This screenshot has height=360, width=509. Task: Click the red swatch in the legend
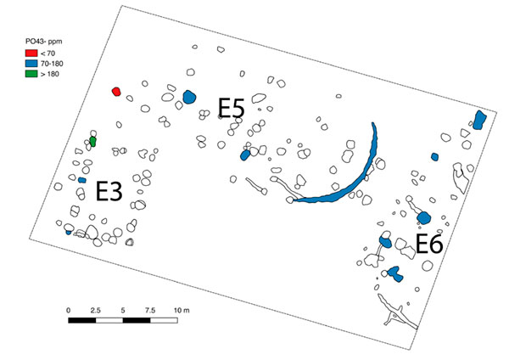pos(31,53)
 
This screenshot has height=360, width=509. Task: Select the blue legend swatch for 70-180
pos(31,64)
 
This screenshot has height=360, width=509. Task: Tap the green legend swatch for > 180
pos(31,74)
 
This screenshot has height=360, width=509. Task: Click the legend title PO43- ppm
pos(44,42)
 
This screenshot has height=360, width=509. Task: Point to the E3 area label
pos(109,191)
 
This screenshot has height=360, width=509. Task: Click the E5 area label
pos(231,108)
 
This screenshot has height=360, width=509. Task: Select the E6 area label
pos(429,244)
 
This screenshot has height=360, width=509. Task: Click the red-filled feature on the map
pos(116,92)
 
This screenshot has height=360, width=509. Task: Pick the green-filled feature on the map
pos(92,142)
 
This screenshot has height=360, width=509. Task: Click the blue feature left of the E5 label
pos(189,97)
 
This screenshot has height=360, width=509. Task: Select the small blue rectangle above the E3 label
pos(82,180)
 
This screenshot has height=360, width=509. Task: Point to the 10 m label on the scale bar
pos(182,311)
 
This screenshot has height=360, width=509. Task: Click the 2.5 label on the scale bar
pos(95,311)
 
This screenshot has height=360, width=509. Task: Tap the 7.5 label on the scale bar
pos(150,311)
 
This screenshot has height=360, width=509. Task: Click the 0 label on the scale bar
pos(68,311)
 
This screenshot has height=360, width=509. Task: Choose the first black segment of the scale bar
pos(82,320)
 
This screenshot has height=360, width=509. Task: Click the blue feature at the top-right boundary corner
pos(479,120)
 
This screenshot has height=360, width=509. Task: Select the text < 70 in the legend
pos(48,53)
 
